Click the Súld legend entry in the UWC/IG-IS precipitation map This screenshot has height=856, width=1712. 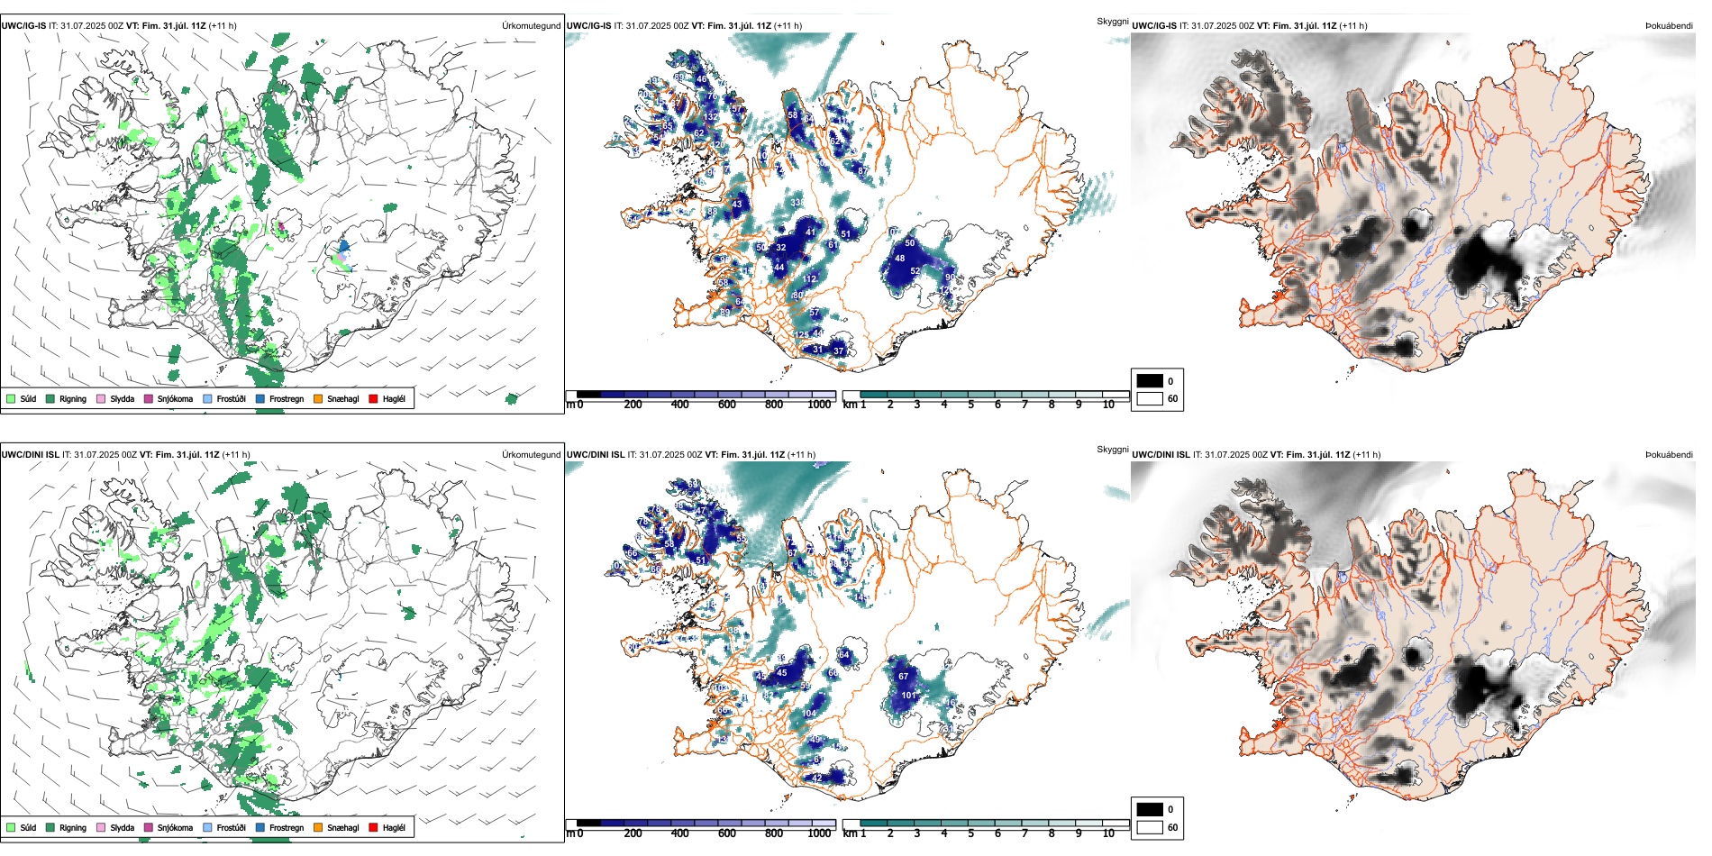22,398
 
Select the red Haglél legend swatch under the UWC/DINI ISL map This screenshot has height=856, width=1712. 373,827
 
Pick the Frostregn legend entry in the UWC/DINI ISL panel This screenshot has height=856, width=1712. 279,827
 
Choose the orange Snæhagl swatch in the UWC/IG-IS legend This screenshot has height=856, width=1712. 318,398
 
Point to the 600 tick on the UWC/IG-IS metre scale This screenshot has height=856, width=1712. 726,405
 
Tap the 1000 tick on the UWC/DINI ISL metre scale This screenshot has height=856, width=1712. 819,833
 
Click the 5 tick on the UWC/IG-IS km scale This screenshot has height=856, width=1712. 970,405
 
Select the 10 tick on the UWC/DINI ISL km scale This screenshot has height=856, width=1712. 1108,833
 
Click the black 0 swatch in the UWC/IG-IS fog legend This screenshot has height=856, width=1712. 1150,381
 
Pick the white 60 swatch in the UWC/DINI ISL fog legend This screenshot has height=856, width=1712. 1150,827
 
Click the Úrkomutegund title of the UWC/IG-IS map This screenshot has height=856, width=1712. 531,26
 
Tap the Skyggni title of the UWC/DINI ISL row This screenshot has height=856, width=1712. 1112,450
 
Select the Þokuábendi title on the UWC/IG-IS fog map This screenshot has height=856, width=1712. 1669,26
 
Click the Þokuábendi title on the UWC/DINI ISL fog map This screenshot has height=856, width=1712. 1669,455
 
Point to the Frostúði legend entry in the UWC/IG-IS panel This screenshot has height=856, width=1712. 224,398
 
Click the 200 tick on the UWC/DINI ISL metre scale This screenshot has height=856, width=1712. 633,833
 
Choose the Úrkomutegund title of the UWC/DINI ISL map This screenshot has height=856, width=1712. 531,455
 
